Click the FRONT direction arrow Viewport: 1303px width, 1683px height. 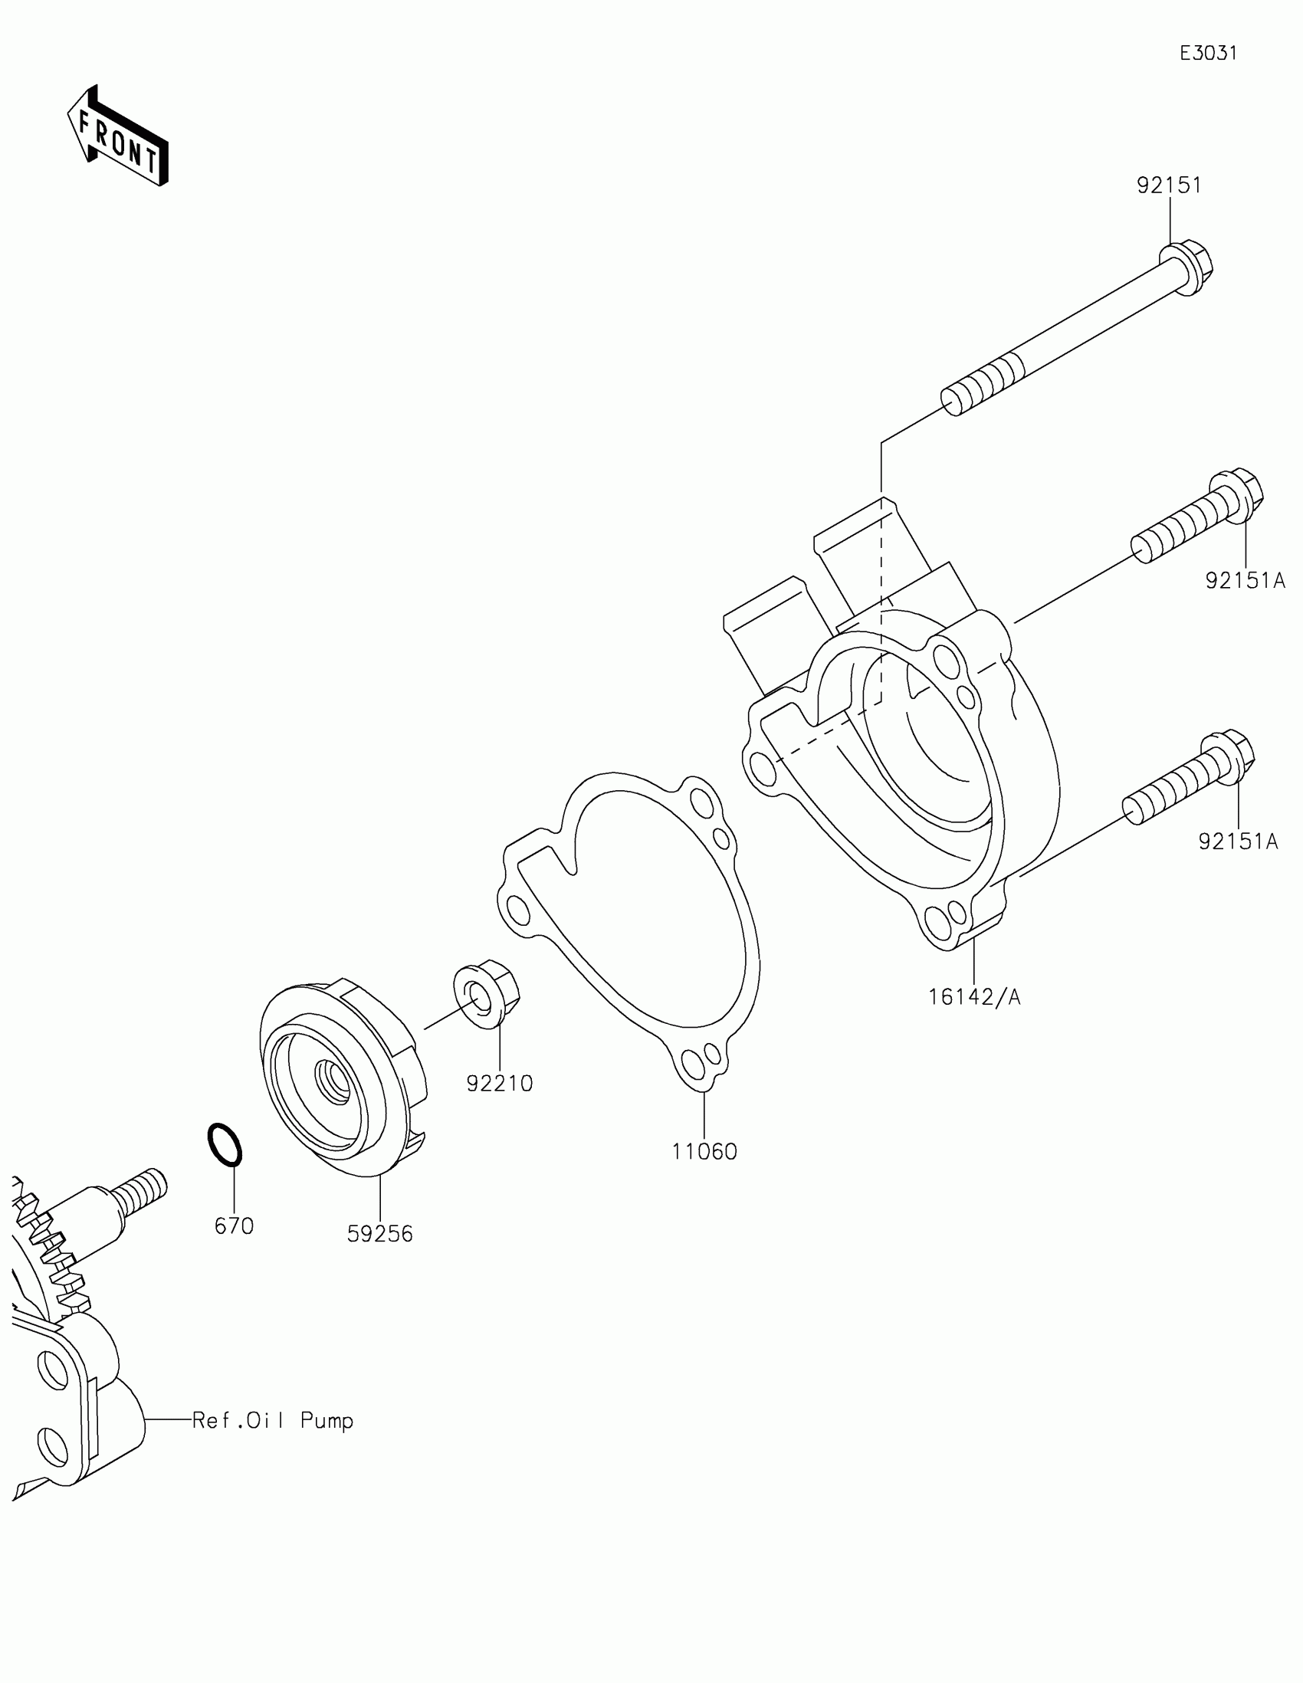[x=118, y=136]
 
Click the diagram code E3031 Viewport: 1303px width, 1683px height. [x=1208, y=53]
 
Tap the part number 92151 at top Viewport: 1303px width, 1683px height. [x=1169, y=185]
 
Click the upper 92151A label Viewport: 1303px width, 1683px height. [x=1246, y=580]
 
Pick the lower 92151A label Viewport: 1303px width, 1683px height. [x=1238, y=841]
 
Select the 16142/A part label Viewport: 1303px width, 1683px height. [x=974, y=997]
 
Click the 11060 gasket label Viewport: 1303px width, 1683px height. [x=704, y=1151]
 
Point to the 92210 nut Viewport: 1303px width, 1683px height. [x=487, y=994]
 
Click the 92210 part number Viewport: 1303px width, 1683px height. [x=499, y=1084]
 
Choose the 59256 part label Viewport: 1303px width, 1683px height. [x=380, y=1234]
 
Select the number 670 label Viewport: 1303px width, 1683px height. [x=234, y=1225]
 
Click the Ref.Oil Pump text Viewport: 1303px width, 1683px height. [x=273, y=1420]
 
